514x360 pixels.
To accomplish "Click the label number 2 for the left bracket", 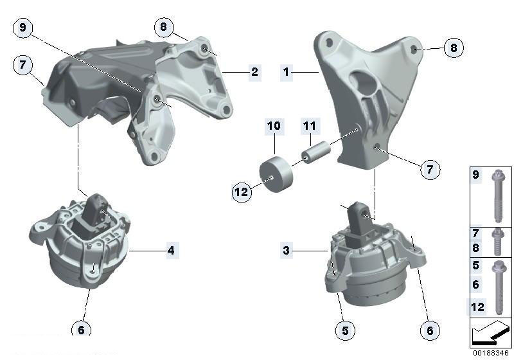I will [254, 72].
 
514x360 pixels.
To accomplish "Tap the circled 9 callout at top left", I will [23, 28].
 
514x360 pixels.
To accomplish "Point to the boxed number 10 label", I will [274, 126].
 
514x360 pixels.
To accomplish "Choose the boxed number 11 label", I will [310, 126].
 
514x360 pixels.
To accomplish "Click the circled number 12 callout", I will [242, 191].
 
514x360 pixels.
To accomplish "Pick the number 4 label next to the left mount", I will [171, 251].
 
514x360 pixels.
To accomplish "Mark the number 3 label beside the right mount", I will [287, 251].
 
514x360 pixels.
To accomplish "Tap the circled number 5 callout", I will [344, 331].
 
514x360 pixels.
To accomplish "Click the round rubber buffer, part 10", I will [274, 174].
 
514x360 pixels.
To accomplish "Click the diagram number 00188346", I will [492, 353].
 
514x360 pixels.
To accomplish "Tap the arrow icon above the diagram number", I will [492, 334].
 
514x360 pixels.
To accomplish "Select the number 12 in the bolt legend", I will [477, 307].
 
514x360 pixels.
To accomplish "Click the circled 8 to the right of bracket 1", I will [453, 48].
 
